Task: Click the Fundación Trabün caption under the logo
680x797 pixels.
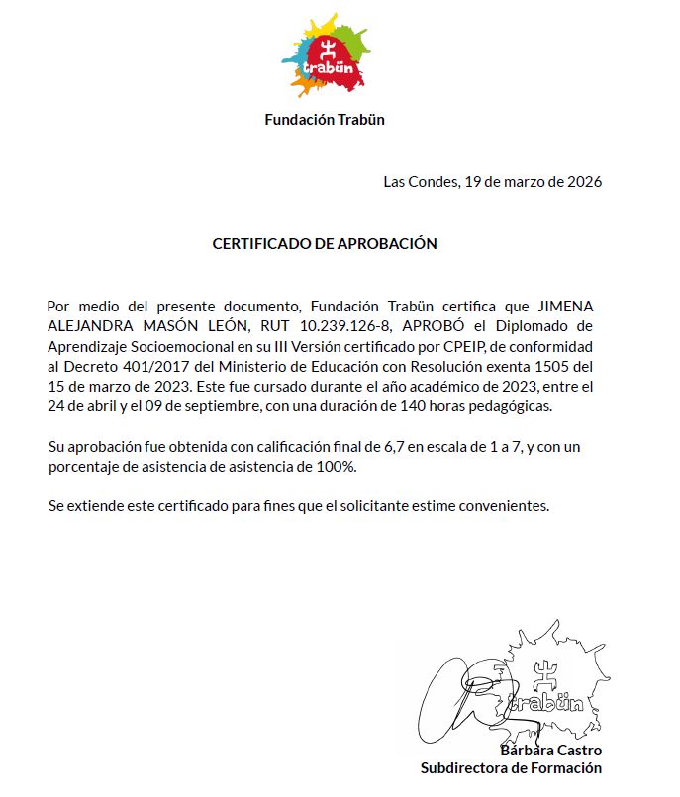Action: coord(325,120)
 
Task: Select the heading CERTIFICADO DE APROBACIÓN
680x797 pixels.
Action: coord(325,244)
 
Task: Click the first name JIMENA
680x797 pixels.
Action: coord(564,306)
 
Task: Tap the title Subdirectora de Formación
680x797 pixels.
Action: coord(511,768)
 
